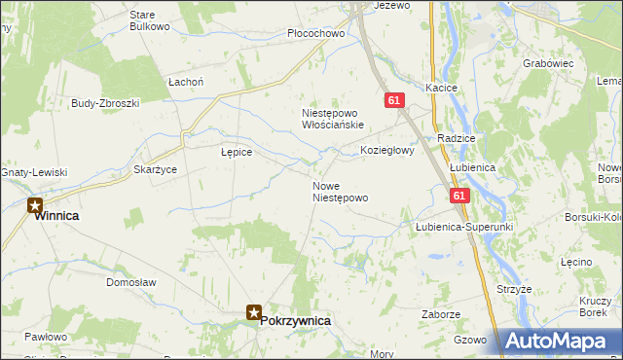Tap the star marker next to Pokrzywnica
[253, 312]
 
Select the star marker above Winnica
[35, 205]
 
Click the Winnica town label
[56, 216]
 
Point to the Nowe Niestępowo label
[340, 192]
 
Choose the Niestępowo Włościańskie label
[332, 119]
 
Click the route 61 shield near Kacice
[394, 100]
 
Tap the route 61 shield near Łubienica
[460, 196]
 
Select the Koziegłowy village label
[387, 151]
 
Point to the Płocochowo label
[316, 34]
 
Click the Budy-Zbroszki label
[105, 102]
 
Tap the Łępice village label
[237, 153]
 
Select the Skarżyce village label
[155, 169]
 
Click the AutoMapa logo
[561, 342]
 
